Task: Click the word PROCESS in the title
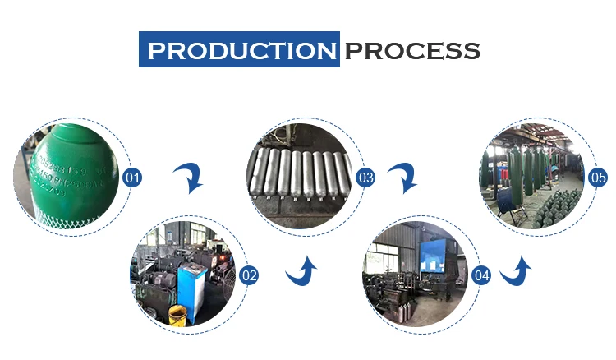pos(411,50)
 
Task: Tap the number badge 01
pos(132,177)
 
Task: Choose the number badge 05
pos(598,177)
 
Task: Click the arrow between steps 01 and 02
pos(190,177)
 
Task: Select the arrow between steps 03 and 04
pos(403,177)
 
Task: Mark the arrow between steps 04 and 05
pos(516,270)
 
